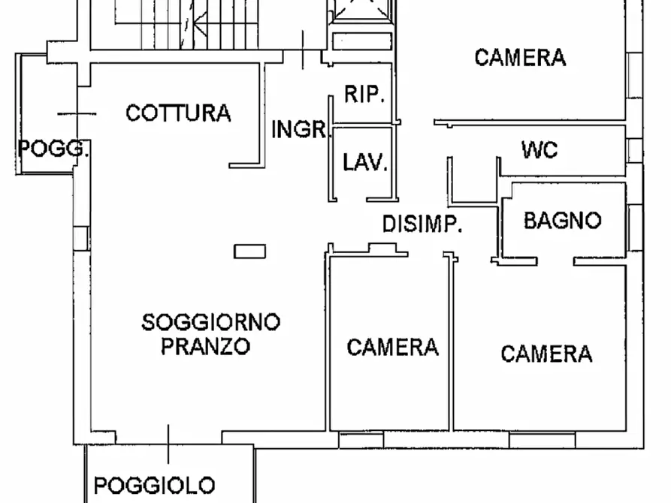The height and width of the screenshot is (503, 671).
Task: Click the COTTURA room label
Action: pyautogui.click(x=178, y=113)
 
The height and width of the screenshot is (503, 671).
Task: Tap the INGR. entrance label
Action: pyautogui.click(x=301, y=129)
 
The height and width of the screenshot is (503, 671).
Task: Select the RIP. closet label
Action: pyautogui.click(x=364, y=95)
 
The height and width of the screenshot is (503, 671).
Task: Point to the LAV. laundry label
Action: pyautogui.click(x=364, y=163)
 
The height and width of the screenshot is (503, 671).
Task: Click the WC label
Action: pyautogui.click(x=540, y=149)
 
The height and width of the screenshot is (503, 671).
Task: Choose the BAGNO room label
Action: pyautogui.click(x=563, y=221)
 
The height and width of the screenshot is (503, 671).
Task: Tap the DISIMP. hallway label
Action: pyautogui.click(x=422, y=224)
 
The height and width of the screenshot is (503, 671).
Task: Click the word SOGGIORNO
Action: pyautogui.click(x=211, y=323)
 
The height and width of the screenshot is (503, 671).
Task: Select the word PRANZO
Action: pyautogui.click(x=205, y=347)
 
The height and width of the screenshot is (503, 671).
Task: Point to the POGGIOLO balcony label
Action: pyautogui.click(x=155, y=486)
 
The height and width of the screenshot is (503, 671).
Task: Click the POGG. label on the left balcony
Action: pyautogui.click(x=53, y=147)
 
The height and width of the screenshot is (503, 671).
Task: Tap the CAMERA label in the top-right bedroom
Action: pyautogui.click(x=520, y=57)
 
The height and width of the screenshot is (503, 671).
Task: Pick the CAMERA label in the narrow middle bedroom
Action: pyautogui.click(x=392, y=347)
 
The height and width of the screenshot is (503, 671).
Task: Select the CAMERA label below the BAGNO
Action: pyautogui.click(x=546, y=353)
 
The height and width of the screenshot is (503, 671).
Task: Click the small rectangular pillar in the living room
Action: pyautogui.click(x=249, y=251)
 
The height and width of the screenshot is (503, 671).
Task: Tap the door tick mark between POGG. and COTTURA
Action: pyautogui.click(x=77, y=113)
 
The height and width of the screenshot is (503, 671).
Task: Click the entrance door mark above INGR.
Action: pyautogui.click(x=304, y=50)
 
